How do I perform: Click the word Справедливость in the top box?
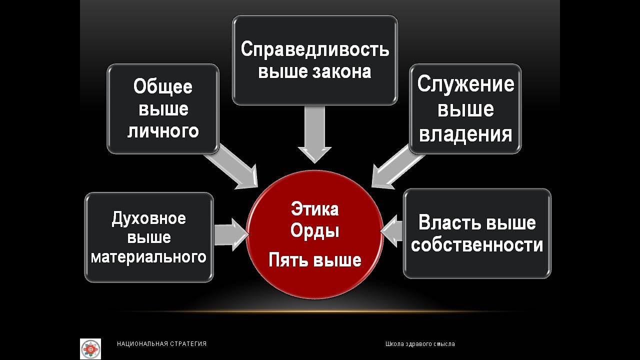(314, 50)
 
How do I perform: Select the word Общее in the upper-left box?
(163, 86)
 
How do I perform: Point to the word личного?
(163, 131)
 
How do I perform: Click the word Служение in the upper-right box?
(465, 84)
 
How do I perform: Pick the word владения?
(465, 134)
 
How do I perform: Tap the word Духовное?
(149, 218)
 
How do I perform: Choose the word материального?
(149, 257)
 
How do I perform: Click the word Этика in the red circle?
(314, 209)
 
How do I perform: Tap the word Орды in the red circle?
(314, 231)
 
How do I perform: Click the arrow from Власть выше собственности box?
(393, 231)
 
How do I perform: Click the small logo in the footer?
(90, 348)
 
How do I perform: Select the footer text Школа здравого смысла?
(420, 344)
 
